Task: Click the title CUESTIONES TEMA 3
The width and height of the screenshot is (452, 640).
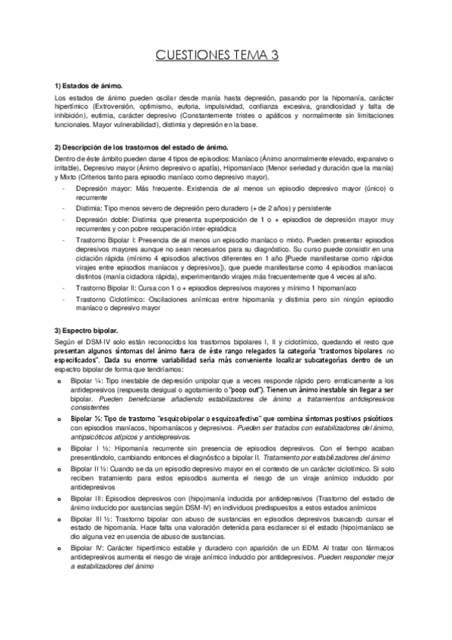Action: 226,55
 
